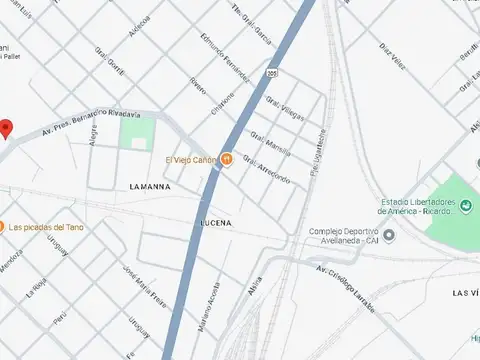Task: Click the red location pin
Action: click(x=6, y=128)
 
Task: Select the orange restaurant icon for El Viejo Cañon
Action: click(x=227, y=159)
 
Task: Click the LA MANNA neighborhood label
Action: click(x=150, y=186)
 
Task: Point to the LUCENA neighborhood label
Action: click(x=216, y=221)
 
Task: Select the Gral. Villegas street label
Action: click(x=285, y=108)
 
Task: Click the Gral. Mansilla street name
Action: click(x=270, y=145)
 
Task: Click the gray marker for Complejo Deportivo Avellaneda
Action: click(x=389, y=235)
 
